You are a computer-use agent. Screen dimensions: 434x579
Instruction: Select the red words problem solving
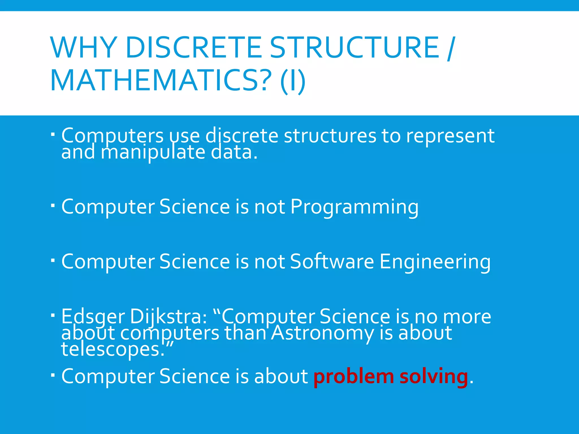tap(391, 377)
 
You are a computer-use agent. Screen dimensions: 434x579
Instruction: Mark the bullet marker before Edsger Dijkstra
tap(53, 314)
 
